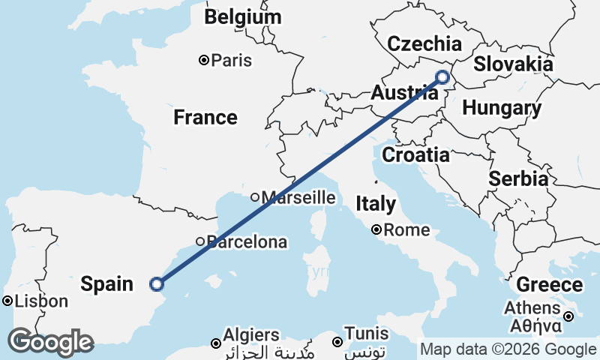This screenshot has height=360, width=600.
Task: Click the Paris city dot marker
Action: click(x=203, y=60)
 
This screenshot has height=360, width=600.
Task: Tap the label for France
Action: click(x=205, y=117)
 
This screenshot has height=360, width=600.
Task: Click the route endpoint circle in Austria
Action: click(x=442, y=76)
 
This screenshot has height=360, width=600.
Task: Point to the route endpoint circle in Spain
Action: click(x=156, y=283)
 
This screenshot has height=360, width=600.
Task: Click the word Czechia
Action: click(x=424, y=43)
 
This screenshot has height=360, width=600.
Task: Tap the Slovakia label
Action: click(x=513, y=64)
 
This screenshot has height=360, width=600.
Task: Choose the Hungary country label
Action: click(x=502, y=108)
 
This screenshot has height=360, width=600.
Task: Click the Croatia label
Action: click(x=415, y=155)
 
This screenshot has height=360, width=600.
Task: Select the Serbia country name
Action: click(x=517, y=178)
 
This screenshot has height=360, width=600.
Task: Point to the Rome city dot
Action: click(x=376, y=230)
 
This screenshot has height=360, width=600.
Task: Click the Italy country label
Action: click(x=376, y=203)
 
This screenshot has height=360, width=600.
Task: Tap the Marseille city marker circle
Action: click(x=255, y=198)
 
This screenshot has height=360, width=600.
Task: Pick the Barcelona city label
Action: click(x=247, y=241)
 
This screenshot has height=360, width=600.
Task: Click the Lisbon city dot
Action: click(x=7, y=301)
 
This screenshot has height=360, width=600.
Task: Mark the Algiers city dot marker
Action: click(x=216, y=343)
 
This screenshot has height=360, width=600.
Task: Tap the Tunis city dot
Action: click(x=337, y=342)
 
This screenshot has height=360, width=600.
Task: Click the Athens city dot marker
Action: click(x=569, y=316)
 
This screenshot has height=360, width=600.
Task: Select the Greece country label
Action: click(x=549, y=285)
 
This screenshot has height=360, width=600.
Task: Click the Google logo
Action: click(x=51, y=342)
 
